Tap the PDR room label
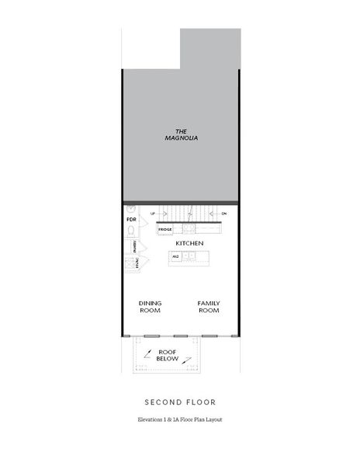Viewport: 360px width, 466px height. pos(130,221)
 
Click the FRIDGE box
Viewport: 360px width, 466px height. pos(165,230)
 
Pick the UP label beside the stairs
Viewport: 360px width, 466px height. pos(153,213)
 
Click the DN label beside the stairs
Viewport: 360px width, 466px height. pos(224,213)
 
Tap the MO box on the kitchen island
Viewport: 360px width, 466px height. pos(176,256)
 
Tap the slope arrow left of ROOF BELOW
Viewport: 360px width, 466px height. pos(147,351)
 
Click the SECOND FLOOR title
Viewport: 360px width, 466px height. pos(180,402)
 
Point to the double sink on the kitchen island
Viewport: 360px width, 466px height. pos(189,256)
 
